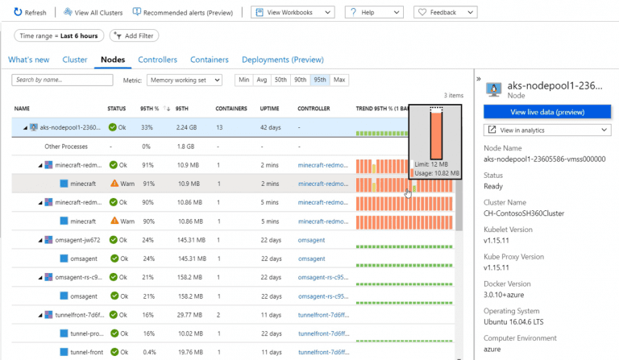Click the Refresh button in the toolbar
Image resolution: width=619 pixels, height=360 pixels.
(31, 13)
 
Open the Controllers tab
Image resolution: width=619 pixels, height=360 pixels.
(157, 60)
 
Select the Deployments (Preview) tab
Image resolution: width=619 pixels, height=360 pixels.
(282, 60)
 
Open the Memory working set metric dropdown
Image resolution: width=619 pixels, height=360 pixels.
(187, 80)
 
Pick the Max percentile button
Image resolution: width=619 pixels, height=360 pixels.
(339, 80)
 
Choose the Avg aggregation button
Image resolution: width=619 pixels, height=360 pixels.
(261, 80)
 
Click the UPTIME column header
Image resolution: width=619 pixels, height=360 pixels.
(270, 108)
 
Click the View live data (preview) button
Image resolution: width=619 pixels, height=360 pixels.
(546, 112)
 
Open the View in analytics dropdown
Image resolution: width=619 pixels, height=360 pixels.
(546, 130)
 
